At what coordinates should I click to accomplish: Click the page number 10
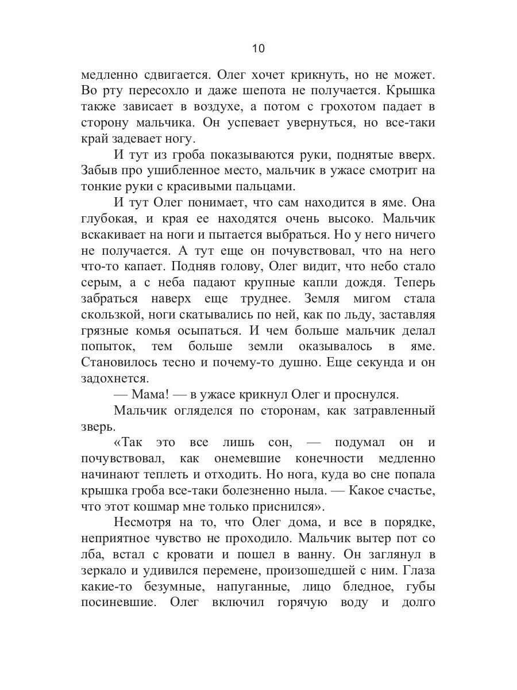point(258,49)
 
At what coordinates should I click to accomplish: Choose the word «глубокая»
point(107,218)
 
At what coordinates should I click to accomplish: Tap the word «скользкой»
point(110,315)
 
